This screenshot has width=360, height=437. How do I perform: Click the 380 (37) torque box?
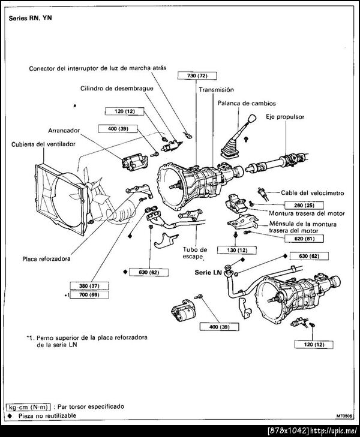(x=90, y=285)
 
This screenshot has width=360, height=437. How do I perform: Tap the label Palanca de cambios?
(x=241, y=103)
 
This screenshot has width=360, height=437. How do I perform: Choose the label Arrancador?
(x=66, y=129)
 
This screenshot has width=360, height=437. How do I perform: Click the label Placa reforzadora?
(x=53, y=259)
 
